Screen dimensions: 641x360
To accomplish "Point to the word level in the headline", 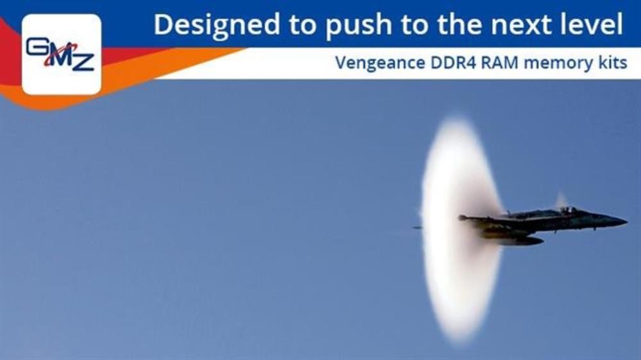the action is [588, 24].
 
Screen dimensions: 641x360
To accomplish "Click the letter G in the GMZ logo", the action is [37, 46].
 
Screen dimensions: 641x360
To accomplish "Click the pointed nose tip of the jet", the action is [626, 222].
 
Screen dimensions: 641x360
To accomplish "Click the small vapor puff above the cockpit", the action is [561, 200].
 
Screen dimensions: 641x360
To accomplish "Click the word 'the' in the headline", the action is [460, 24].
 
